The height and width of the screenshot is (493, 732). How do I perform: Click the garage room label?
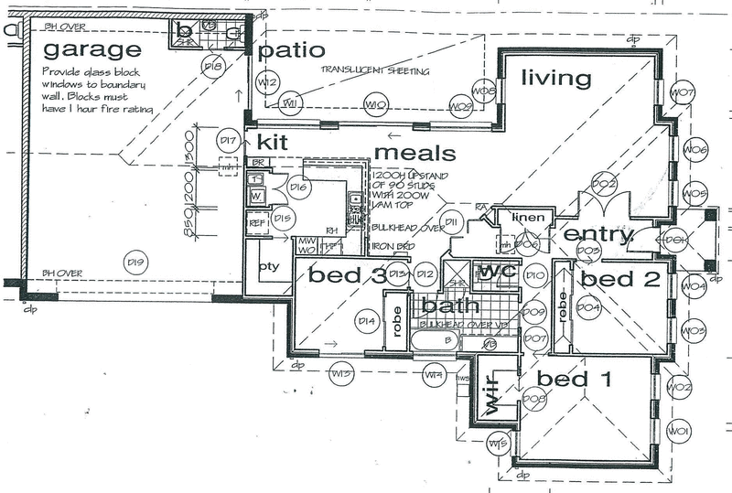(x=91, y=50)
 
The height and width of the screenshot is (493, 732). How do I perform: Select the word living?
(x=555, y=79)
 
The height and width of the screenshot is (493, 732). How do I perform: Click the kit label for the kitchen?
(x=273, y=142)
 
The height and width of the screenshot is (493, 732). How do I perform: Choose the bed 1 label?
(x=573, y=378)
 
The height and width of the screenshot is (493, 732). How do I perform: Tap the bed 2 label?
(x=620, y=279)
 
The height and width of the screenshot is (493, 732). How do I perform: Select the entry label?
(x=598, y=235)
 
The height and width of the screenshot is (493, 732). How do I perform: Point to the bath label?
(x=438, y=307)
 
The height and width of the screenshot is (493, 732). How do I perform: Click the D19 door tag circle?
(x=135, y=264)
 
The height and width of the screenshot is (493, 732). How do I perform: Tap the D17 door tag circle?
(x=228, y=141)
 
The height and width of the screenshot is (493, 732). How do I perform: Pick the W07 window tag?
(x=684, y=92)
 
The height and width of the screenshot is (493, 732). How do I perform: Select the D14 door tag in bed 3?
(x=368, y=320)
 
